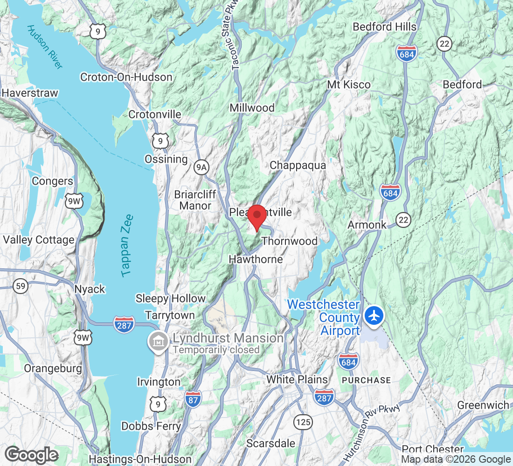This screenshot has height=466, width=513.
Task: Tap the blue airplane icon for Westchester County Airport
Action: tap(374, 315)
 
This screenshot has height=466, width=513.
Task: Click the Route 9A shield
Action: tap(201, 168)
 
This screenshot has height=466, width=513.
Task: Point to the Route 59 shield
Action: tap(21, 286)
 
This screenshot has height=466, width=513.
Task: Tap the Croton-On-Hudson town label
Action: tap(126, 77)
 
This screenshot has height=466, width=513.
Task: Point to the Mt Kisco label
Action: tap(349, 84)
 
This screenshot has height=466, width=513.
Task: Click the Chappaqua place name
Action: tap(298, 165)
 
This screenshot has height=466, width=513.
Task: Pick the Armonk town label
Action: tap(367, 225)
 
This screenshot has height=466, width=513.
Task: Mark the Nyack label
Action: tap(90, 289)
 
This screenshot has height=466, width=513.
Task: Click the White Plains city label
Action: tap(297, 380)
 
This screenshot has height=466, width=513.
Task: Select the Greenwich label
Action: tap(483, 405)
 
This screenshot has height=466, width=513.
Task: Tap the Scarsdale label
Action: tap(271, 443)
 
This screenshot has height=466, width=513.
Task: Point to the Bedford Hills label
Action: tap(385, 27)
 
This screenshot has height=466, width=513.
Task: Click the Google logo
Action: tap(31, 455)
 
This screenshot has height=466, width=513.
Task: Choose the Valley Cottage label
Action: tap(39, 240)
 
